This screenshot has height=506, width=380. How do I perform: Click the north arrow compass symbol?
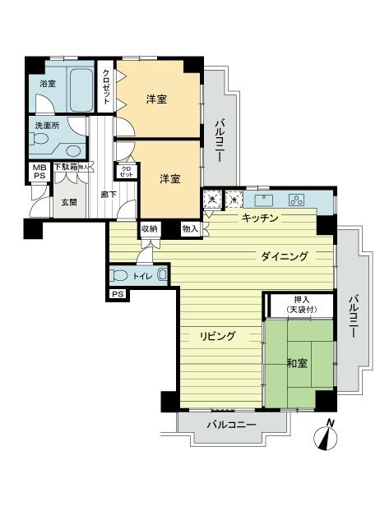[327, 435]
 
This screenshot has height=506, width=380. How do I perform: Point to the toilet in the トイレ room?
[120, 276]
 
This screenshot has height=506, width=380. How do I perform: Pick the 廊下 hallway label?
[109, 195]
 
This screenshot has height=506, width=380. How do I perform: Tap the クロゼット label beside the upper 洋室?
[106, 86]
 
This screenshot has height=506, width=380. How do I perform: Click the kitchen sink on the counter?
[266, 200]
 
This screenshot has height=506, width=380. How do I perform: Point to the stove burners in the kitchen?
[296, 200]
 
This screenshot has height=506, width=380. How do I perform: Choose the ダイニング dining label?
[285, 256]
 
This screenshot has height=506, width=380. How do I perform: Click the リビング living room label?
[220, 335]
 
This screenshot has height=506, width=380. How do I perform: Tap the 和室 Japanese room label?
[297, 361]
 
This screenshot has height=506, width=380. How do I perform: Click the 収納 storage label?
[149, 229]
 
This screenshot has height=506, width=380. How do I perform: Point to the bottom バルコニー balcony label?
[231, 425]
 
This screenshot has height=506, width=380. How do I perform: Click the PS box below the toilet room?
[117, 294]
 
